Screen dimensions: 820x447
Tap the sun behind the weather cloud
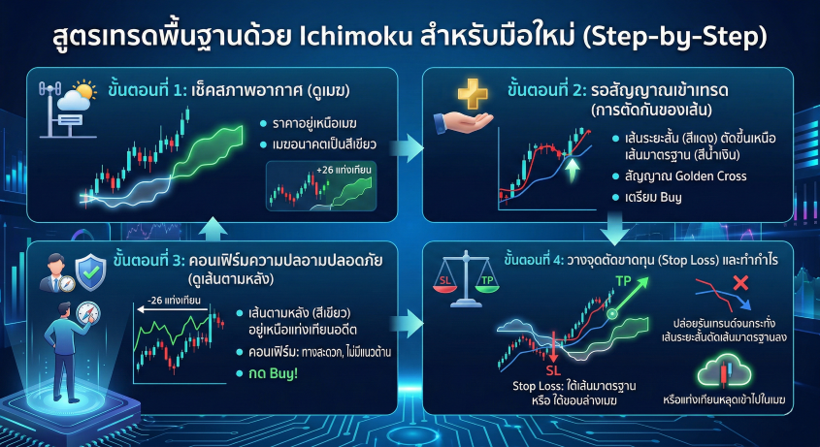84,90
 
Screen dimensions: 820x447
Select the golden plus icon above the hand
473,94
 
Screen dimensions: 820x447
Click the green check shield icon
90,272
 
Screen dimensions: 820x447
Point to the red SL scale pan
445,283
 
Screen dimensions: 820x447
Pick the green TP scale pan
487,283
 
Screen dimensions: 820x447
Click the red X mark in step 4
740,283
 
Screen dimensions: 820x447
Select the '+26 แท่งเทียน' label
344,170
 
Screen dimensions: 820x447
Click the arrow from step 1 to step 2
407,148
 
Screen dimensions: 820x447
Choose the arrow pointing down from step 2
614,228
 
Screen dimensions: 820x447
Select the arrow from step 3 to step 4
407,324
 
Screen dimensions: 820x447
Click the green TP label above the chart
623,282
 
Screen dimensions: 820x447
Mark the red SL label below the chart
553,370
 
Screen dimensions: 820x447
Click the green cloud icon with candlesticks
724,372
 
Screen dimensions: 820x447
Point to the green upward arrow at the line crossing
573,170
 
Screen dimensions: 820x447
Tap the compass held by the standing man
88,313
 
